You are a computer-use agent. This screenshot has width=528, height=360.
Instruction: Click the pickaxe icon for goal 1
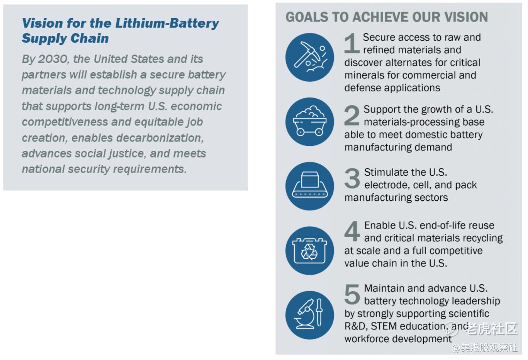(310, 57)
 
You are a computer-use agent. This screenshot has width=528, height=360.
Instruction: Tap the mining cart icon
(310, 122)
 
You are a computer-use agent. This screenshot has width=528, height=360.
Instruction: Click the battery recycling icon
(310, 251)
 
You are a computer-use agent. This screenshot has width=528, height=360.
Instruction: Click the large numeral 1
(352, 43)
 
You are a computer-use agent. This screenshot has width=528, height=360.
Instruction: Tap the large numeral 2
(352, 115)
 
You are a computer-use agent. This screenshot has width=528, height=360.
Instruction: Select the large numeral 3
(352, 178)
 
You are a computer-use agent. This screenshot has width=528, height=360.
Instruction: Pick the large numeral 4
(352, 231)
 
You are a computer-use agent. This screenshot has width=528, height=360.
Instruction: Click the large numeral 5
(352, 294)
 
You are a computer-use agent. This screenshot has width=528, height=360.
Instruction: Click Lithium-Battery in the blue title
(167, 23)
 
